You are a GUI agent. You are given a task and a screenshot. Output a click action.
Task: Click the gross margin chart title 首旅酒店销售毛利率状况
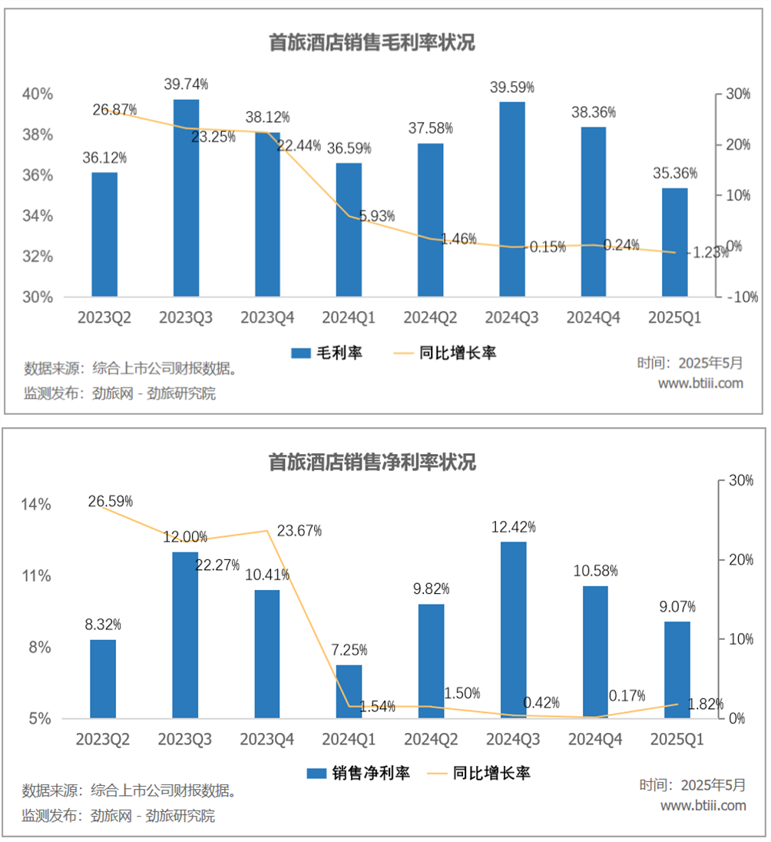coord(372,42)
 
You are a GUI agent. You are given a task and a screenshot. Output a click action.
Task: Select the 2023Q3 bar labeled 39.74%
coord(186,197)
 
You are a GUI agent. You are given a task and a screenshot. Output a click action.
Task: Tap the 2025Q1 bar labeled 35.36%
coord(675,242)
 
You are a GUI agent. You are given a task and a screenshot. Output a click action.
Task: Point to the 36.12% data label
coord(104,158)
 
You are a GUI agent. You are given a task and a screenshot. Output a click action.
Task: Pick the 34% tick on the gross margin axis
coord(38,216)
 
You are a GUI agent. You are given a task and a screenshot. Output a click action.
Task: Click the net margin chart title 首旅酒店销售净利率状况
coord(372,462)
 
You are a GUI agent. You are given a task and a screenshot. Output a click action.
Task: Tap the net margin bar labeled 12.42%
coord(514,630)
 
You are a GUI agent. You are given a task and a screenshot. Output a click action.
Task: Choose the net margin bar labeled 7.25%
coord(349,691)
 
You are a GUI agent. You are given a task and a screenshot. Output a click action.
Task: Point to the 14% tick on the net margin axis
coord(36,505)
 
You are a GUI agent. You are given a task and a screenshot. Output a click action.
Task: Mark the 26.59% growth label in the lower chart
coord(111,502)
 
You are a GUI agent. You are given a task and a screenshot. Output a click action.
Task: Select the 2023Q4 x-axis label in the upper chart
coord(267,317)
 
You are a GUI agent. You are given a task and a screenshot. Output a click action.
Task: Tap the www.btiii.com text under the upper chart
coord(701,383)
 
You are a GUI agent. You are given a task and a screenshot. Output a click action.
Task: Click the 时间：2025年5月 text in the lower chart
coord(692,785)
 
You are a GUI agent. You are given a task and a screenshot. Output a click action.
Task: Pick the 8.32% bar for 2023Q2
coord(103,679)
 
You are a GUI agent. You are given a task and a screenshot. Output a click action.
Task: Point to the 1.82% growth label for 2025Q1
coord(706,704)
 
